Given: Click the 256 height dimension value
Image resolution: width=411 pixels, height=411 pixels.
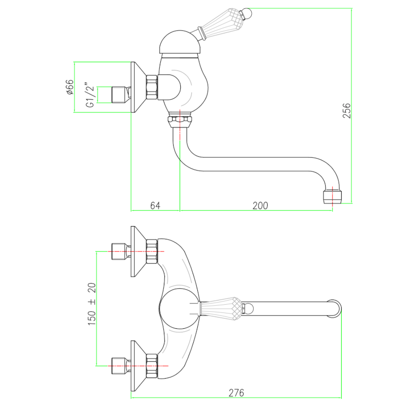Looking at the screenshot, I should click(x=347, y=110).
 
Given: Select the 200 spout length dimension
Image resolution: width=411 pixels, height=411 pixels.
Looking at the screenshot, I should click(x=260, y=206).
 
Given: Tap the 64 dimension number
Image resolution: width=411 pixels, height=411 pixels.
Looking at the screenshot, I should click(x=156, y=206).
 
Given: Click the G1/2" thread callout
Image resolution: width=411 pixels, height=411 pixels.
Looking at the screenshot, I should click(x=90, y=95).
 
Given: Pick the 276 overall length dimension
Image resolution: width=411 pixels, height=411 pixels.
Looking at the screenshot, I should click(x=236, y=393).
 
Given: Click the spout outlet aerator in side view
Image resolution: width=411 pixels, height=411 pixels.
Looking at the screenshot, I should click(x=332, y=196).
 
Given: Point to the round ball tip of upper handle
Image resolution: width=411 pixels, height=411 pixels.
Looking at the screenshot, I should click(x=245, y=11).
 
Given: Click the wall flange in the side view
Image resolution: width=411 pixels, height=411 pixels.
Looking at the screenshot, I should click(x=138, y=87).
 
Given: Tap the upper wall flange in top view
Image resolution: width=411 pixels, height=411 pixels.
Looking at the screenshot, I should click(x=138, y=251).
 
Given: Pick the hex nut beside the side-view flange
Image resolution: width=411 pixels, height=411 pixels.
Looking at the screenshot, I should click(x=152, y=87).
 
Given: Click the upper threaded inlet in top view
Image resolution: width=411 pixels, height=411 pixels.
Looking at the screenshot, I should click(x=120, y=251).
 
